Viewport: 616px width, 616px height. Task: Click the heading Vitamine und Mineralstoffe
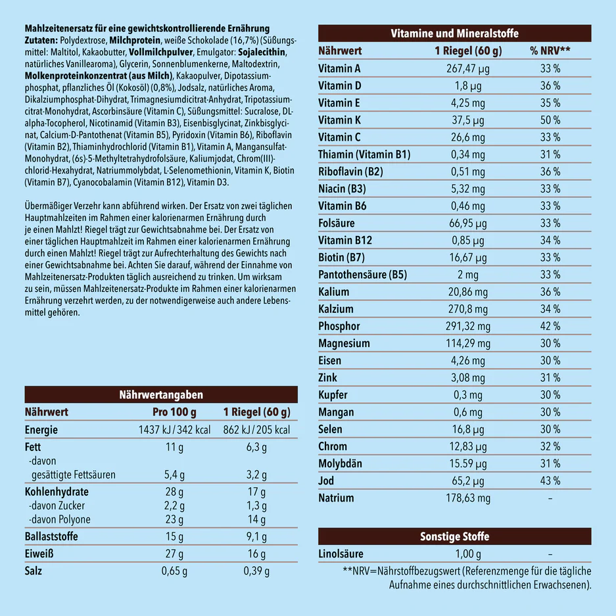[x=454, y=34]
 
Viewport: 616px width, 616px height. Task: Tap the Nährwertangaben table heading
[x=160, y=394]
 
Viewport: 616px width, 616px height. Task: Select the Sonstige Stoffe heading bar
[x=454, y=536]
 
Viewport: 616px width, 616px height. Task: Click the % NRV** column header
[x=550, y=51]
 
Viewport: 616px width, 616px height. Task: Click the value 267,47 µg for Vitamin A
[x=467, y=68]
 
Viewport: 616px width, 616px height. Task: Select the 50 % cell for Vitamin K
[x=550, y=120]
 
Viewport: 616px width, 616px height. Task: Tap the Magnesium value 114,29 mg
[x=467, y=343]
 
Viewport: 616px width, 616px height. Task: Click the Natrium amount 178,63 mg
[x=467, y=498]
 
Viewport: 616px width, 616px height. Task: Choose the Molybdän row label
[x=340, y=463]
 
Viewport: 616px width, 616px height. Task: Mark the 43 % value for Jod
[x=550, y=481]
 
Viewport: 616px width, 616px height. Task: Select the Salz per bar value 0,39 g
[x=256, y=571]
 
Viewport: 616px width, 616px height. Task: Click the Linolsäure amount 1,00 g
[x=467, y=554]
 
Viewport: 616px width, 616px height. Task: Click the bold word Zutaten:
[x=41, y=40]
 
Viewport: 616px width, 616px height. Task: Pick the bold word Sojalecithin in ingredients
[x=263, y=52]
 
